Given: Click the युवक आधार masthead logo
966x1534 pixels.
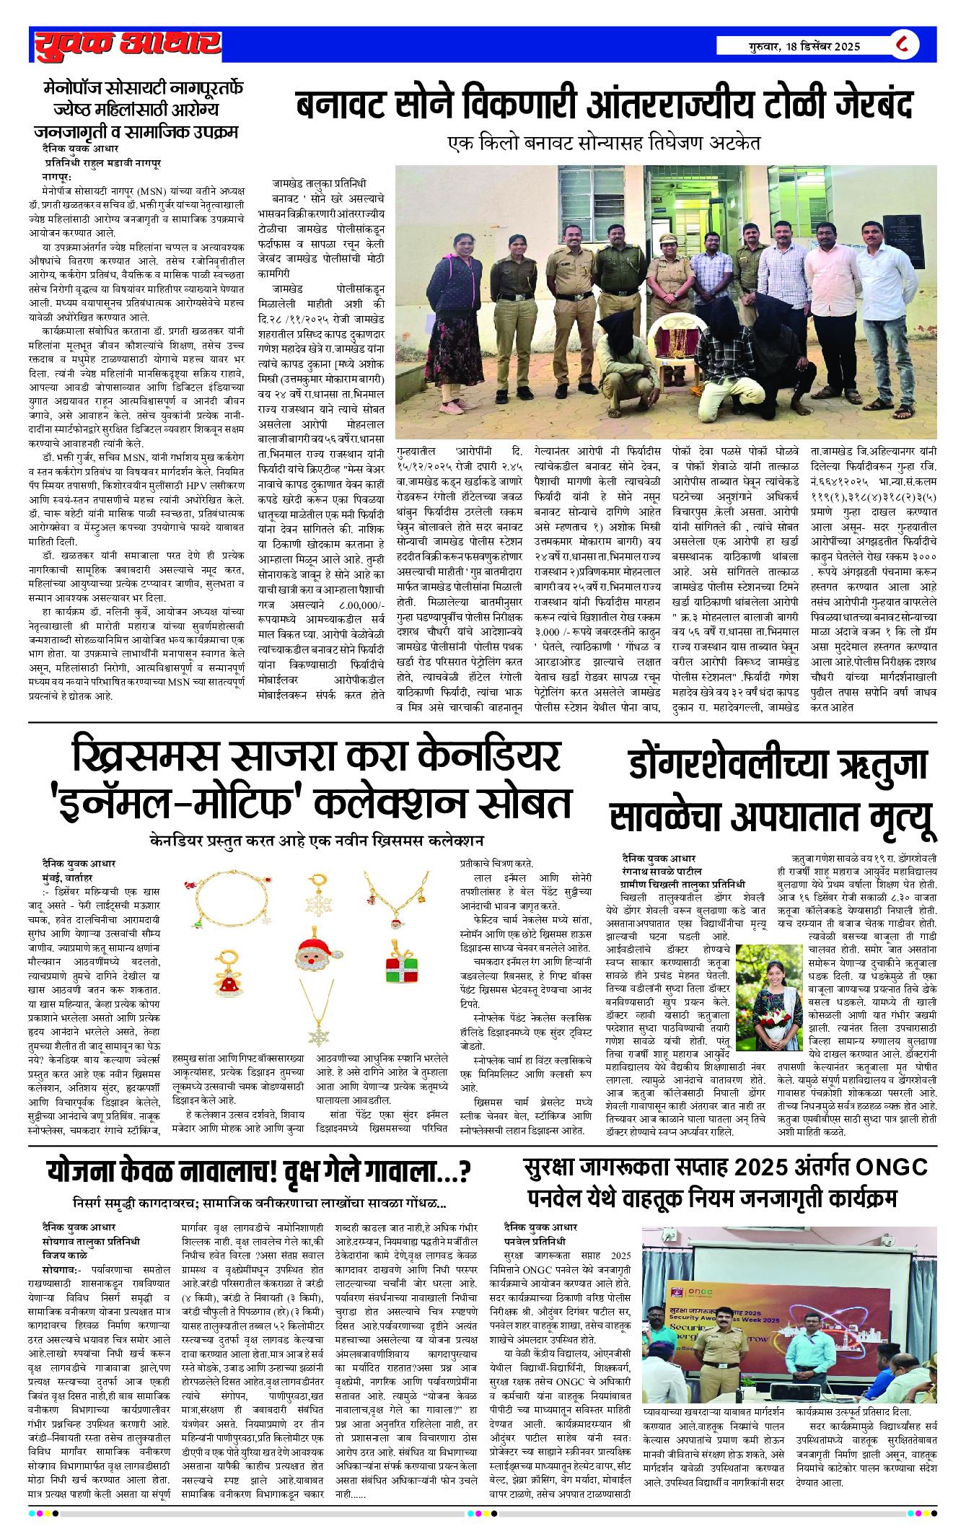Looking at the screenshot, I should tap(127, 43).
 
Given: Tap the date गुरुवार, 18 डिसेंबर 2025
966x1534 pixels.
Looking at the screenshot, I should tap(804, 46).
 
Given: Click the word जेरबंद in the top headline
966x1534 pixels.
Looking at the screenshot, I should tap(854, 105).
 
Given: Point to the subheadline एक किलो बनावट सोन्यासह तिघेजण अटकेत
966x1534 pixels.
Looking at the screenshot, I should tap(604, 143).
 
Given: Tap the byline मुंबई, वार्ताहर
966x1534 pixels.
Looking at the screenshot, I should tap(67, 877).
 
